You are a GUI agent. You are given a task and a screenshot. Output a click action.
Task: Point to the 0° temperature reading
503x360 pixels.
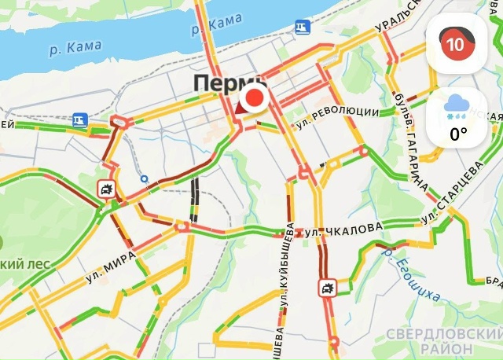[458, 134]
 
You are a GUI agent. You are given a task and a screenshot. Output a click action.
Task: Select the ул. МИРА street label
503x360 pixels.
[111, 265]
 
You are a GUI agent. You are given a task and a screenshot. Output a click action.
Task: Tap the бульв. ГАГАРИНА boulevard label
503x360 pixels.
[414, 141]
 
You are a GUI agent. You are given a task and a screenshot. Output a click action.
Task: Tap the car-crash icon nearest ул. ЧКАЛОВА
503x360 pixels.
[327, 287]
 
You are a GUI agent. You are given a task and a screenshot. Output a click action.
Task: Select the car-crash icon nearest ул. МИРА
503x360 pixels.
[105, 188]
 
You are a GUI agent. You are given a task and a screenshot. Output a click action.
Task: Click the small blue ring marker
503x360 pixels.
[144, 178]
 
